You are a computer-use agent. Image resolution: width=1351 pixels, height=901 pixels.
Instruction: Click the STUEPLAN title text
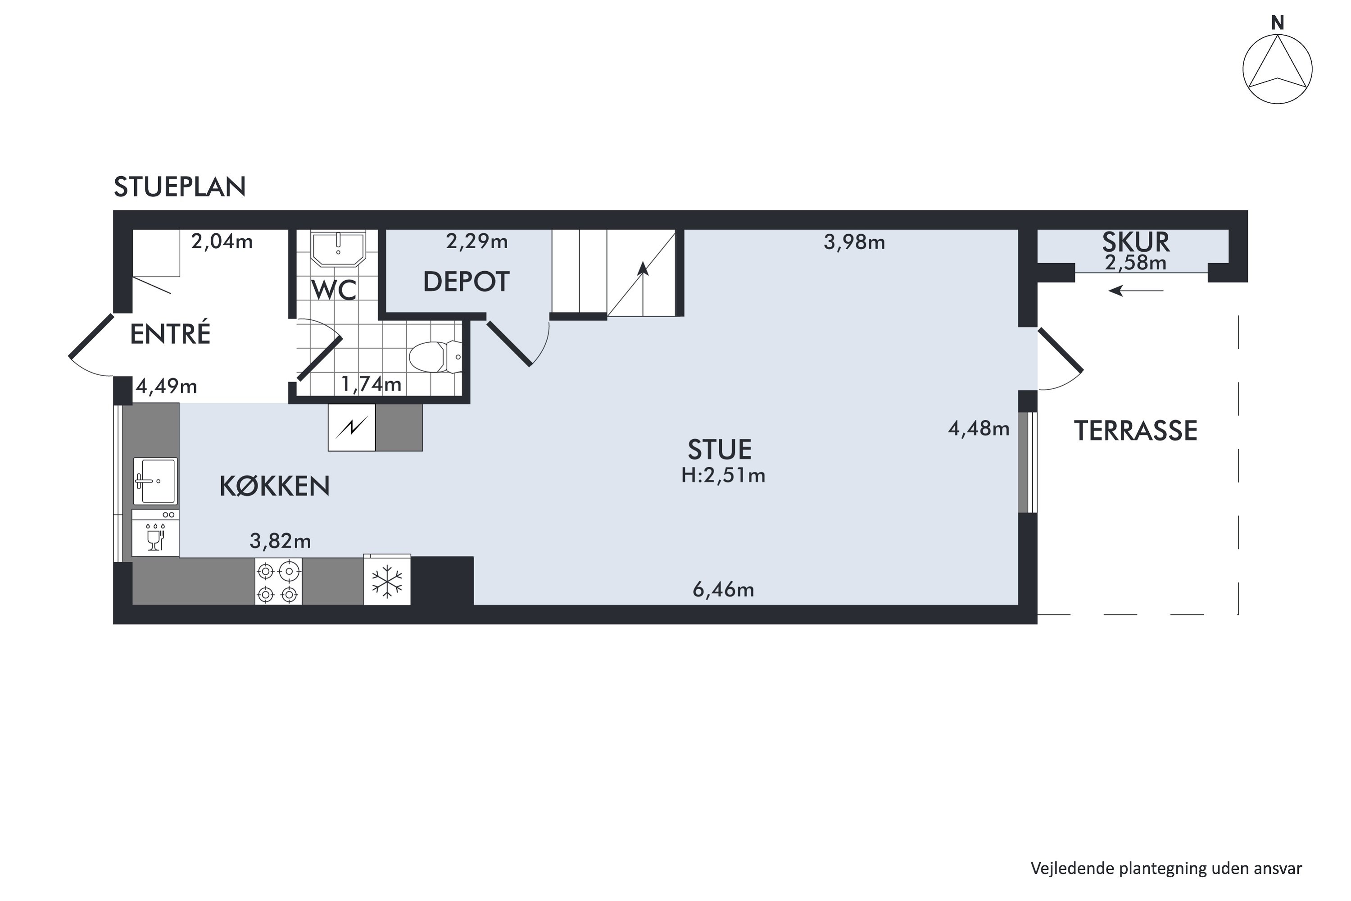pos(180,187)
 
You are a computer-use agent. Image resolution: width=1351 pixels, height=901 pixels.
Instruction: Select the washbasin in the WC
pos(338,248)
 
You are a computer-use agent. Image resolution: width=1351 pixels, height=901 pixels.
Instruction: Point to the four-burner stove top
pos(278,582)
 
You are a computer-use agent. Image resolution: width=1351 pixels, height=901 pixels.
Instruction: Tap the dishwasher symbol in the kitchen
pos(155,534)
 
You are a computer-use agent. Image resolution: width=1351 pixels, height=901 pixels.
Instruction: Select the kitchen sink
pos(155,480)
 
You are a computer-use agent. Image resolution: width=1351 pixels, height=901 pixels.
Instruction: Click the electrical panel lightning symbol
pos(352,427)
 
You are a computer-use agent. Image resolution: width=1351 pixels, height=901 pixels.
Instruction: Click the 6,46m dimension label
pos(723,590)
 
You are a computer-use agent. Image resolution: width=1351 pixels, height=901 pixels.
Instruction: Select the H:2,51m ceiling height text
pos(723,476)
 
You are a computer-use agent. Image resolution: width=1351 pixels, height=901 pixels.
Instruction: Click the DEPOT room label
pos(466,282)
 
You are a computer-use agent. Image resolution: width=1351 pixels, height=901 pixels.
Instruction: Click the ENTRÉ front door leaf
pos(91,336)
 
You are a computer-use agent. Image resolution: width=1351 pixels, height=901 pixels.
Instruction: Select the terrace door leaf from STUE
pos(1061,350)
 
